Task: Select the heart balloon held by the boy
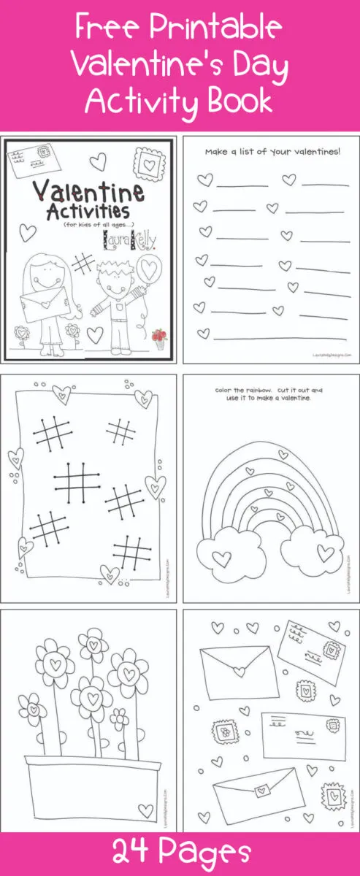(x=151, y=268)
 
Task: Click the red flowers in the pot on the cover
(x=158, y=335)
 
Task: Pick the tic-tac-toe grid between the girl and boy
(x=85, y=264)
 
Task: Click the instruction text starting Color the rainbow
(x=267, y=393)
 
